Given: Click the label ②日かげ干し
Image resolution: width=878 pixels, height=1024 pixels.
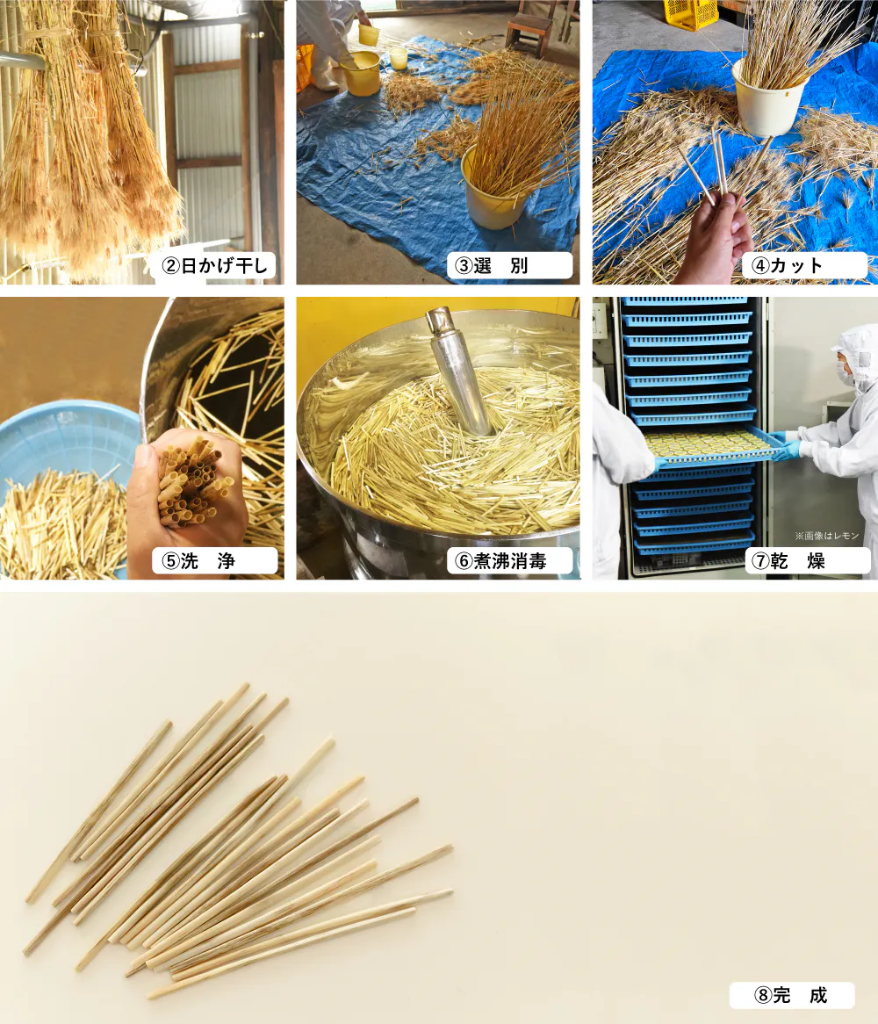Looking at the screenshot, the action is [215, 266].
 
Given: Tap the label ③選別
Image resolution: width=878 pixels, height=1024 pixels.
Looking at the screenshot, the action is [492, 266].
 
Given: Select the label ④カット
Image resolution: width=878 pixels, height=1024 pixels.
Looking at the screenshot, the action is [787, 265].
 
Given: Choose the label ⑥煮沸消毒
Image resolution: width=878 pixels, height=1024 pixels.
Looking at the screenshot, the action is [500, 561].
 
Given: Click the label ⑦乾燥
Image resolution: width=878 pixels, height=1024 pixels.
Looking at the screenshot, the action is [788, 561].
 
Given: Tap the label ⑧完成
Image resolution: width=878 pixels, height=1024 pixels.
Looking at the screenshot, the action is [790, 995].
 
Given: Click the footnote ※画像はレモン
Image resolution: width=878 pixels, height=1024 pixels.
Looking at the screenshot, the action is [826, 536].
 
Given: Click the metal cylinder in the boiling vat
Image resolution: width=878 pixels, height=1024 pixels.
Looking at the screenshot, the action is [458, 369].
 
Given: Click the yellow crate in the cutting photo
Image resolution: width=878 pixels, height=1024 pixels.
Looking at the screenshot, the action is [691, 14].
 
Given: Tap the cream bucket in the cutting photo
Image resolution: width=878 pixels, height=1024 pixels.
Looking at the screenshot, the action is [768, 98].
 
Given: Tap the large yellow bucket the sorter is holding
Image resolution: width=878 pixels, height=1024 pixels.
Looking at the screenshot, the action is [360, 73].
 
